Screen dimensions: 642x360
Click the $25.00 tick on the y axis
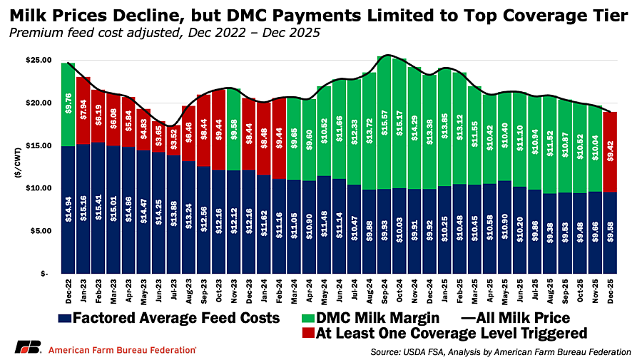(x=39, y=60)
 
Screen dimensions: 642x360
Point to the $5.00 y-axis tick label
(x=41, y=231)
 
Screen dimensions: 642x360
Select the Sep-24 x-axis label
(x=384, y=292)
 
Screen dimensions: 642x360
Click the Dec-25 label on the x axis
(x=611, y=292)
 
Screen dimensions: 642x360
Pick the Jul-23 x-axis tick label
(x=173, y=292)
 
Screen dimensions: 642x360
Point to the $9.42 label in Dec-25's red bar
(x=611, y=151)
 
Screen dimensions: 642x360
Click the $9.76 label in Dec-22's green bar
(x=68, y=103)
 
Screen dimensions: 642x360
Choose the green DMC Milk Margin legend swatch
(x=307, y=318)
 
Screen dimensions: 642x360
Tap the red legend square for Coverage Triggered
(x=307, y=333)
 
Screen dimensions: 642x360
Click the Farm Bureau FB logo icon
(x=29, y=347)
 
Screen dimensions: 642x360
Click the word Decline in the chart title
(x=146, y=16)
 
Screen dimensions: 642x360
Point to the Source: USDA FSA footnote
(x=501, y=352)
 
